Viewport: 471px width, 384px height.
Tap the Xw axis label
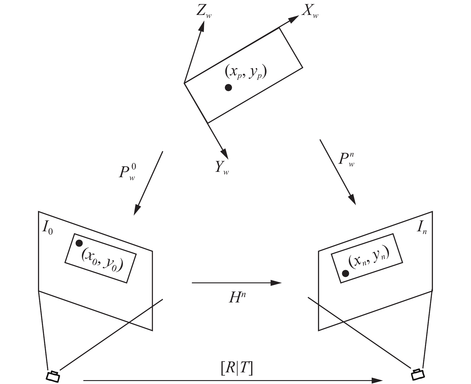[310, 11]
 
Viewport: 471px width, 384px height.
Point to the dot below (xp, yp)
[228, 88]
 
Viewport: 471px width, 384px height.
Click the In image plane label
[421, 228]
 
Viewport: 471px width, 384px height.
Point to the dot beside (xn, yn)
[345, 273]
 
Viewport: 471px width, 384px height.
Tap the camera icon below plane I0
[53, 376]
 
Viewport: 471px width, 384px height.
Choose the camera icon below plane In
[418, 374]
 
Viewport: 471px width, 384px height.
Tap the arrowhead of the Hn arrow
[276, 283]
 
